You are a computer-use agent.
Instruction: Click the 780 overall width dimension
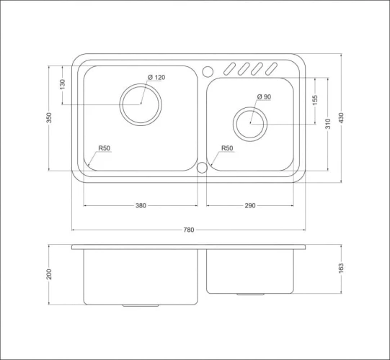pos(189,230)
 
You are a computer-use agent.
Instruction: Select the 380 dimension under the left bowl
pos(141,206)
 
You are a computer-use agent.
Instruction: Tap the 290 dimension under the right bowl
pos(250,206)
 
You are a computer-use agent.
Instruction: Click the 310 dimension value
pos(328,123)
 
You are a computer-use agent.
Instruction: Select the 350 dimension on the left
pos(49,118)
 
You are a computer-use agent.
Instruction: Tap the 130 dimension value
pos(62,85)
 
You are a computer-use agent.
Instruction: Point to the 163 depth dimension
pos(341,269)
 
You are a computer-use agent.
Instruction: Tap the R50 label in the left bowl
pos(105,148)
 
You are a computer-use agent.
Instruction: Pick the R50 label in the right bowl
pos(227,148)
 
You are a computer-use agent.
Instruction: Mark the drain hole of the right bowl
pos(250,123)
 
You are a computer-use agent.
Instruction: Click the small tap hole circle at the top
pos(208,71)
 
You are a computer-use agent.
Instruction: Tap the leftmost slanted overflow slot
pos(229,69)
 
